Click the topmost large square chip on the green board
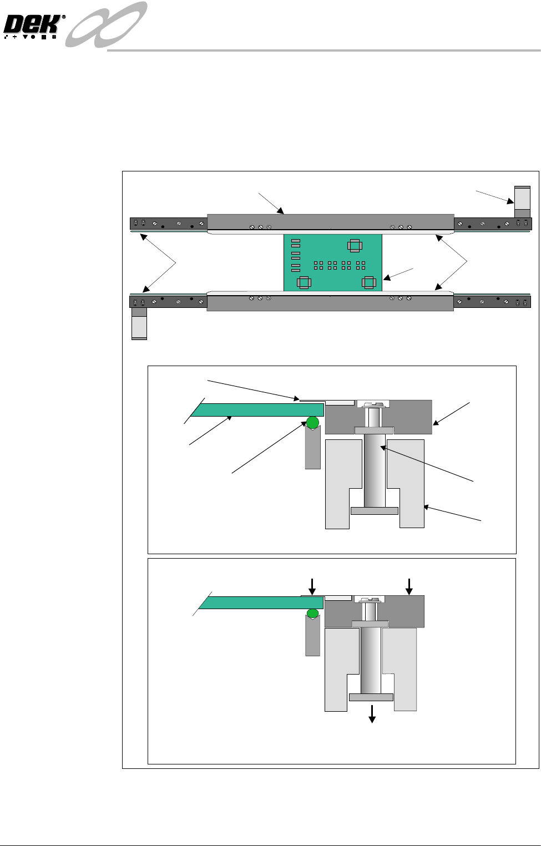pos(354,245)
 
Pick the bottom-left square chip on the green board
pos(303,282)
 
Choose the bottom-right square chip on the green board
pos(368,282)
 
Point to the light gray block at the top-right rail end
pos(522,197)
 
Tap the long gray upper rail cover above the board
pos(330,221)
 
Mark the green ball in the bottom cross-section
pos(313,613)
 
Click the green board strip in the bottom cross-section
pos(261,602)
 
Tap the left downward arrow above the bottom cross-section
pos(312,586)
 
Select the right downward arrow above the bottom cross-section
pos(409,586)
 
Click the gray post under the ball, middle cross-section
pos(313,449)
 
